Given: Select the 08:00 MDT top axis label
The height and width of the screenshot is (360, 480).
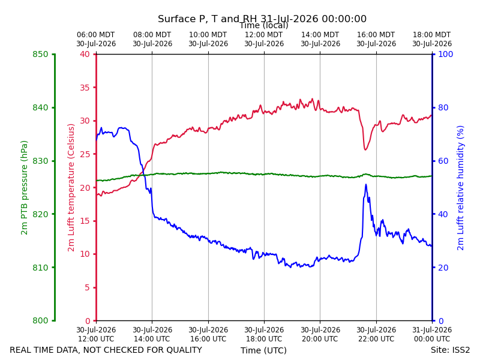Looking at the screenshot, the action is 152,39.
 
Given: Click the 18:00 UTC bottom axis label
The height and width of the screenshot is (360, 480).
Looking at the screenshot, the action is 264,334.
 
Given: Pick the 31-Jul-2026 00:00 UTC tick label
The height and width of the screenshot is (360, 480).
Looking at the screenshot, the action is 432,334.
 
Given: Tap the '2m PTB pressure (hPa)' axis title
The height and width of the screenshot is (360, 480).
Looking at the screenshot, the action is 24,188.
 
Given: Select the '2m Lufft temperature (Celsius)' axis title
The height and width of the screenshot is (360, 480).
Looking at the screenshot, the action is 71,188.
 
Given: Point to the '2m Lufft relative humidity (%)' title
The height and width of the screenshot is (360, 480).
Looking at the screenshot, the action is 460,188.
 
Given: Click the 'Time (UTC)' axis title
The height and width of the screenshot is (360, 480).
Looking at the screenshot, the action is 263,350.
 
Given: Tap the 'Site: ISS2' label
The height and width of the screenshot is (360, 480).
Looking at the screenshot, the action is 450,350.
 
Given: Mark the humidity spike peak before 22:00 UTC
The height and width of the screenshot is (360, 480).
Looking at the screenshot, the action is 366,185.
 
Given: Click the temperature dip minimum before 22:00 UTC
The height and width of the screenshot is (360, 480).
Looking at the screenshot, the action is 365,149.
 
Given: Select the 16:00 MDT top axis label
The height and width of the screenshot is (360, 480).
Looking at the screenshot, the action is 376,39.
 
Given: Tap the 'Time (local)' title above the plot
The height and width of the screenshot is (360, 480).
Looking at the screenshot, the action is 264,25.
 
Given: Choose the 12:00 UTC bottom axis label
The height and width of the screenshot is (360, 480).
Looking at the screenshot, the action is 96,334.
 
